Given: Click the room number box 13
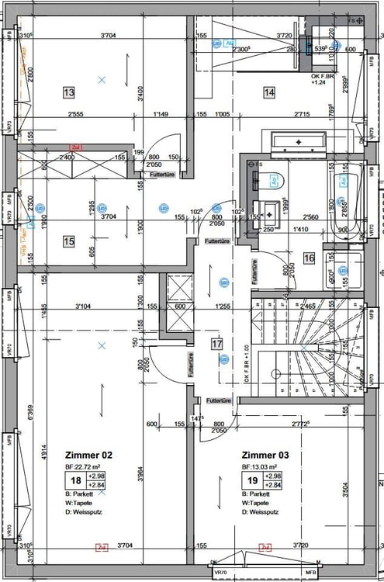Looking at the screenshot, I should pyautogui.click(x=68, y=93).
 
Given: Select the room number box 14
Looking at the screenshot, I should pyautogui.click(x=269, y=92).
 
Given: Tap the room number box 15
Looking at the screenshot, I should pyautogui.click(x=68, y=241).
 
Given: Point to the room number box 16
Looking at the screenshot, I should pyautogui.click(x=308, y=258).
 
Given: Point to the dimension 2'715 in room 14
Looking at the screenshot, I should pyautogui.click(x=305, y=114).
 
